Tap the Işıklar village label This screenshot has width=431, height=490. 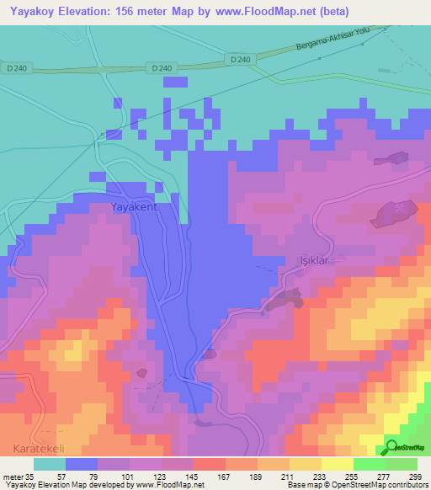click(x=307, y=260)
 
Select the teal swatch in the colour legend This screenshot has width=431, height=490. click(x=50, y=463)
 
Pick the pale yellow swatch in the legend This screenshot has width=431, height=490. click(x=337, y=463)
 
